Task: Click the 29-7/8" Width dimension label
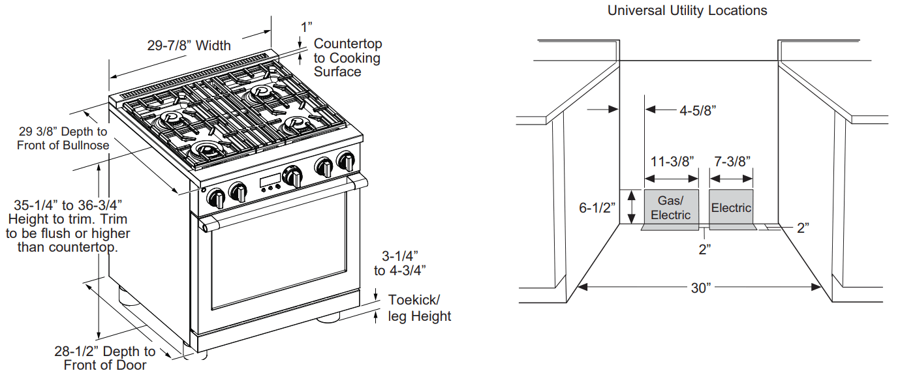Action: [189, 46]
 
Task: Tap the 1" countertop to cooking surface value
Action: [306, 27]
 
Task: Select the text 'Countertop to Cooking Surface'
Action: [347, 58]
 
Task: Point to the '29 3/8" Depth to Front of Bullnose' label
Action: [63, 138]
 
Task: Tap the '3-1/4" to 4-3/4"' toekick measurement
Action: [400, 262]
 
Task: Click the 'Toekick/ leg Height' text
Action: [420, 308]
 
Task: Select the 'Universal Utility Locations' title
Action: [687, 10]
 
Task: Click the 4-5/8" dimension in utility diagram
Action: [698, 111]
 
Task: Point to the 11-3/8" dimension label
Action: [672, 160]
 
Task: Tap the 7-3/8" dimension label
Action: [731, 160]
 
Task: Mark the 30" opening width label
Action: [700, 288]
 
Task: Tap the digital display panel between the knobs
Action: [270, 181]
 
